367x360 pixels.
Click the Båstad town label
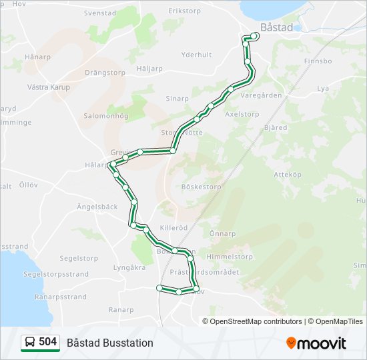276,27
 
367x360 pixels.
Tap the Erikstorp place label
185,11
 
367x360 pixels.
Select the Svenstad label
99,13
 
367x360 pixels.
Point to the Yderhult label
196,55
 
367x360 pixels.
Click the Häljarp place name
149,68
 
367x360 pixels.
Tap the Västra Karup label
48,87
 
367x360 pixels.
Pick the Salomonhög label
105,115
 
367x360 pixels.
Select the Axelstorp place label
242,114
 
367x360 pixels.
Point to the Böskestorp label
201,187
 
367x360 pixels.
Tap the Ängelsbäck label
97,207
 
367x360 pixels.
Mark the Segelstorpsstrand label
55,273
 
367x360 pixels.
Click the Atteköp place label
288,174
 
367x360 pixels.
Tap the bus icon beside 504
30,342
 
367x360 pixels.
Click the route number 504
47,342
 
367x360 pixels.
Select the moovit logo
316,343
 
